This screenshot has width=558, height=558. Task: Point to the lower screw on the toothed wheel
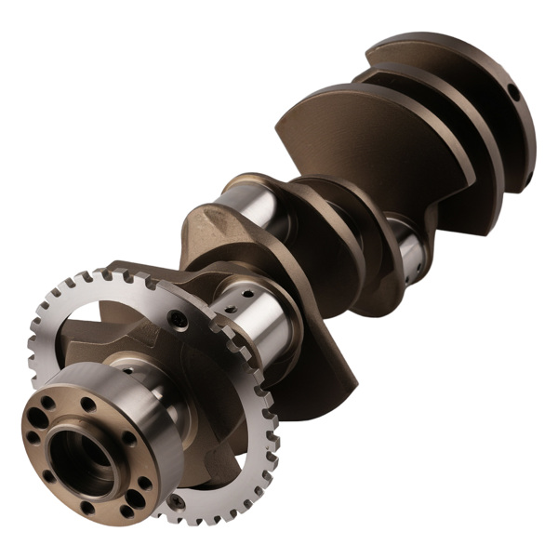173,502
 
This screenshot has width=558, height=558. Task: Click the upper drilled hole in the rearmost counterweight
511,92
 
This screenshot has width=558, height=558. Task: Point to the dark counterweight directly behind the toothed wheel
307,372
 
